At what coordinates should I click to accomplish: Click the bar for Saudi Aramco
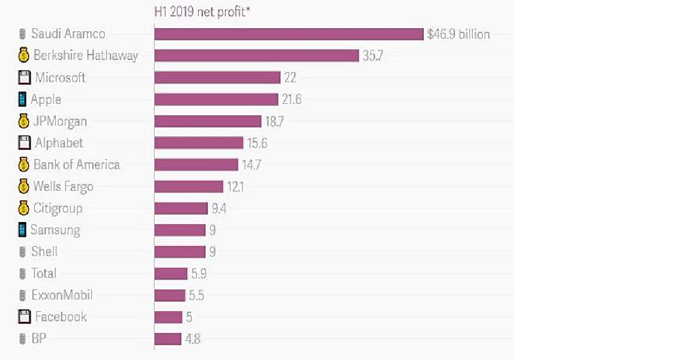coord(289,34)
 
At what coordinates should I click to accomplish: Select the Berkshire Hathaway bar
coord(256,56)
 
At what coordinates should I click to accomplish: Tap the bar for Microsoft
coord(217,77)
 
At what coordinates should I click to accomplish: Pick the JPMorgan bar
coord(208,121)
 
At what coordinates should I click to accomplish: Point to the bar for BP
coord(167,339)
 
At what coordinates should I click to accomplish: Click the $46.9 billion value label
coord(458,34)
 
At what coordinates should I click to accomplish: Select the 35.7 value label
coord(373,56)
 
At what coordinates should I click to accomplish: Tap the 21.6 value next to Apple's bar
coord(291,100)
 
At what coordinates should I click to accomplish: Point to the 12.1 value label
coord(235,187)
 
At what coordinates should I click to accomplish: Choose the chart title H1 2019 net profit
coord(200,11)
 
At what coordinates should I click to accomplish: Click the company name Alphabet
coord(59,143)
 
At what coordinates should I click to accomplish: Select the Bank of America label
coord(76,164)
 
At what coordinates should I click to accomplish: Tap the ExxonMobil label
coord(62,295)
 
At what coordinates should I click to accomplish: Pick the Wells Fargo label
coord(63,187)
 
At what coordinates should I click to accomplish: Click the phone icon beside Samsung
coord(22,230)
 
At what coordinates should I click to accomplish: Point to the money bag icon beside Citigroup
coord(23,208)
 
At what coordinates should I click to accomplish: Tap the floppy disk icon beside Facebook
coord(24,317)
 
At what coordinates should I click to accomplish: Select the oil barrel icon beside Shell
coord(23,252)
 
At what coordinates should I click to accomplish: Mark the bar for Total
coord(171,274)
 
